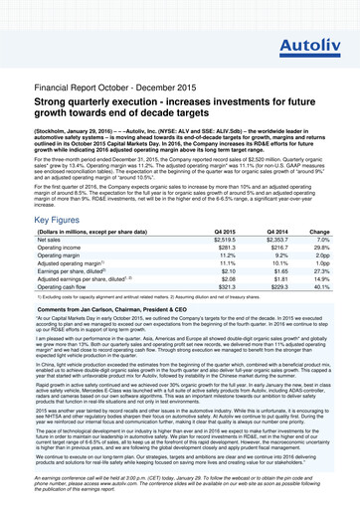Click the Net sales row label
(x=52, y=224)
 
